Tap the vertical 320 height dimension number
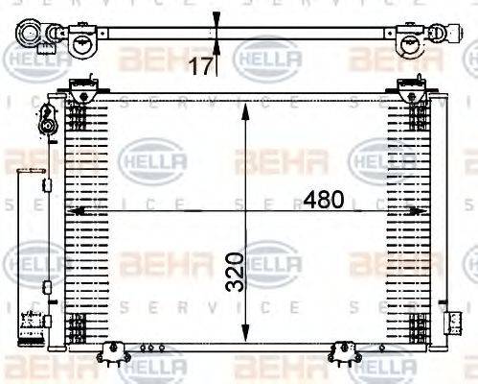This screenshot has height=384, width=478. point(247,272)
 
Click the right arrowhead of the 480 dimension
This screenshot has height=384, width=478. point(424,210)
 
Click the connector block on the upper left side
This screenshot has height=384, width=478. point(45,124)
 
